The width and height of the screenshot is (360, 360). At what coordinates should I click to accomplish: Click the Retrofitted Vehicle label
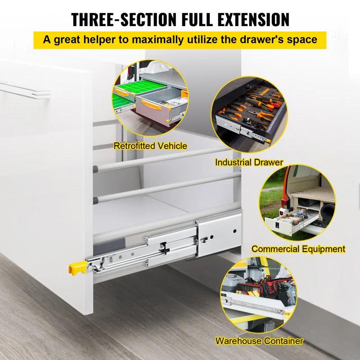(x=150, y=146)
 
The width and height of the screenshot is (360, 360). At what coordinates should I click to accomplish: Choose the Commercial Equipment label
(x=298, y=248)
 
